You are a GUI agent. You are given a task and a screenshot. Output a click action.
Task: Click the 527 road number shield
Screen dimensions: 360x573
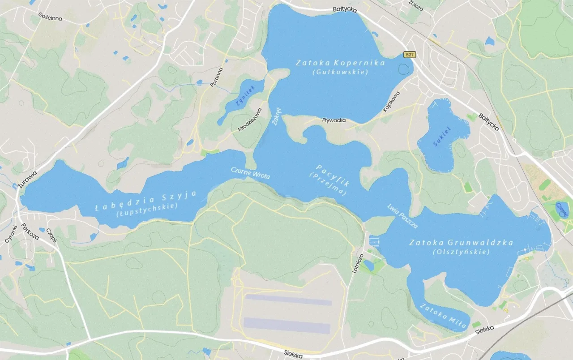click(x=410, y=55)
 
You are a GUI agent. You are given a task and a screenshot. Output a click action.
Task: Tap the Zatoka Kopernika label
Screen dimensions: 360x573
click(x=340, y=63)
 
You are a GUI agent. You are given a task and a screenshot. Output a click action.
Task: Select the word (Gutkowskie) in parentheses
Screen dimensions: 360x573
click(x=340, y=72)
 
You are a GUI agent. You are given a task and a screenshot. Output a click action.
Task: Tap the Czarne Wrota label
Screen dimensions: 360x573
click(x=250, y=173)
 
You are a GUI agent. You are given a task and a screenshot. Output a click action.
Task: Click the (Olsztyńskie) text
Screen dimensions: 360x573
click(x=462, y=252)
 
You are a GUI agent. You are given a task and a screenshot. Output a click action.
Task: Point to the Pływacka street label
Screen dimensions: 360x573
click(x=334, y=120)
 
